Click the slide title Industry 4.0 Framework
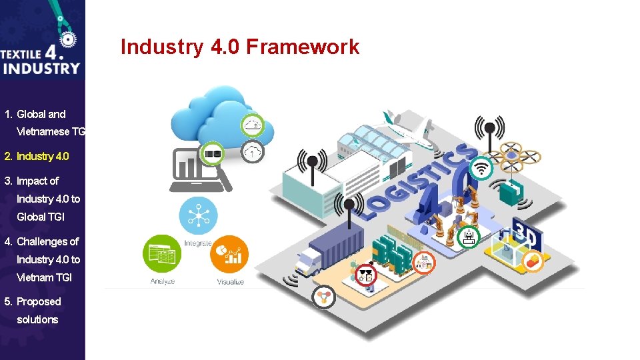coord(239,47)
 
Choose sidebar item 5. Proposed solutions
coord(38,310)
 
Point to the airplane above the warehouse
coord(407,129)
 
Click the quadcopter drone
coord(511,153)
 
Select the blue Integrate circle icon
coord(199,215)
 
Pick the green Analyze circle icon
coord(162,254)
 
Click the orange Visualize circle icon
coord(229,254)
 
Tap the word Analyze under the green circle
coord(162,281)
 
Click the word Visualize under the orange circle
coord(230,282)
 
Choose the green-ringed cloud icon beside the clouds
coord(252,125)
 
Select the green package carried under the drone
coord(511,192)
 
